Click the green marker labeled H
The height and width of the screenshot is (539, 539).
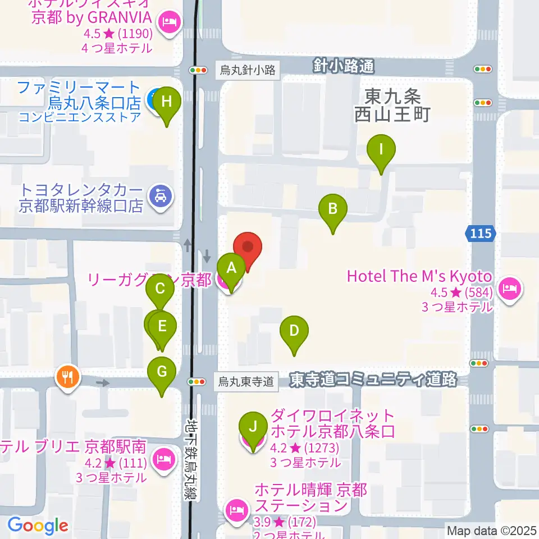click(x=167, y=103)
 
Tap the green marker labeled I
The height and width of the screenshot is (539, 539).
click(x=381, y=150)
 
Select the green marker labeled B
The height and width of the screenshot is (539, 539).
click(x=333, y=210)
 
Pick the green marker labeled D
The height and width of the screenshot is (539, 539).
click(x=294, y=331)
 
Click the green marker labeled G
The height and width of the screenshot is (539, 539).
click(x=162, y=372)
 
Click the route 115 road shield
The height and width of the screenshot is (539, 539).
click(x=481, y=233)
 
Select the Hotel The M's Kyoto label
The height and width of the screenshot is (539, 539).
click(x=419, y=277)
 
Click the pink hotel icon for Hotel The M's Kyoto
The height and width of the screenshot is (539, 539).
click(x=510, y=290)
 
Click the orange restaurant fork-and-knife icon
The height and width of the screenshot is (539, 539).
click(x=68, y=376)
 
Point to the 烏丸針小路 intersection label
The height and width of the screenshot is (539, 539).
click(x=248, y=70)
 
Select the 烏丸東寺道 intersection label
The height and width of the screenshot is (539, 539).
click(x=247, y=382)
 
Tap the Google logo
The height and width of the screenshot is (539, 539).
click(x=38, y=526)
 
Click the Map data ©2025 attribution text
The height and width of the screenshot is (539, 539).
click(x=491, y=529)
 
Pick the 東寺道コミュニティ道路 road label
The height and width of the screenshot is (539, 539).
click(x=373, y=380)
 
